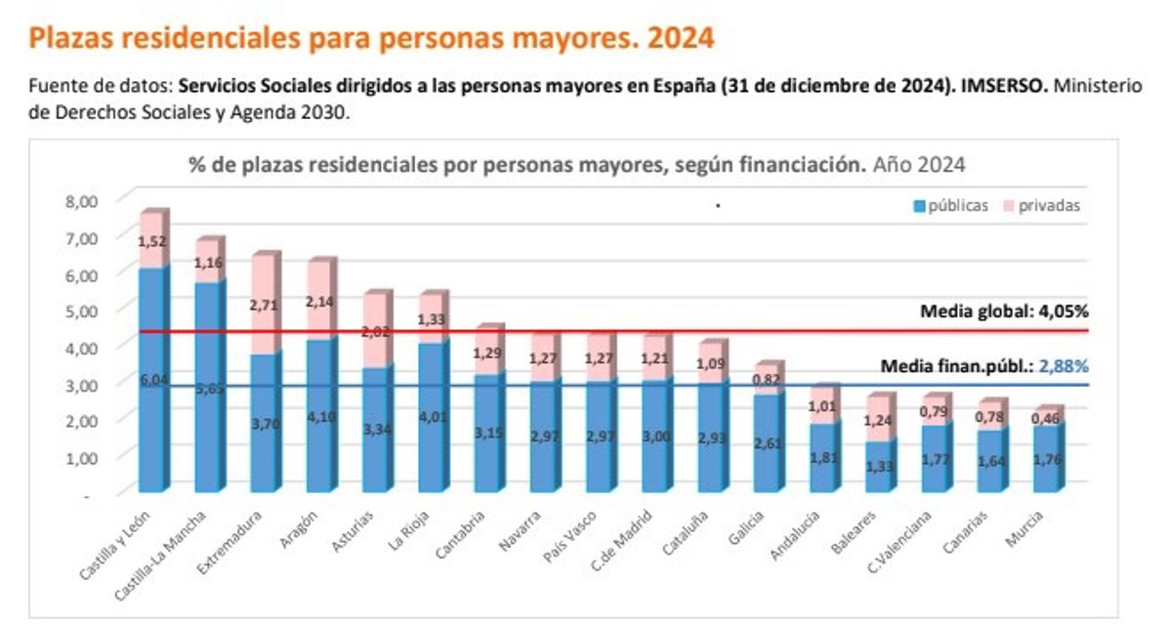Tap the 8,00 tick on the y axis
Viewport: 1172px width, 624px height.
(83, 201)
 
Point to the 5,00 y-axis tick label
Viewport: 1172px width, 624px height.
(83, 311)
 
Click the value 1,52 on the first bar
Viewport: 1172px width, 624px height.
(151, 241)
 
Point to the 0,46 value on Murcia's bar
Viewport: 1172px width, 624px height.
(1048, 418)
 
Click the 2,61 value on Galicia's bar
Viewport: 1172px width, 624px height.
(769, 444)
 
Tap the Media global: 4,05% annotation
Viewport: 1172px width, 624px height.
(1004, 312)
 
